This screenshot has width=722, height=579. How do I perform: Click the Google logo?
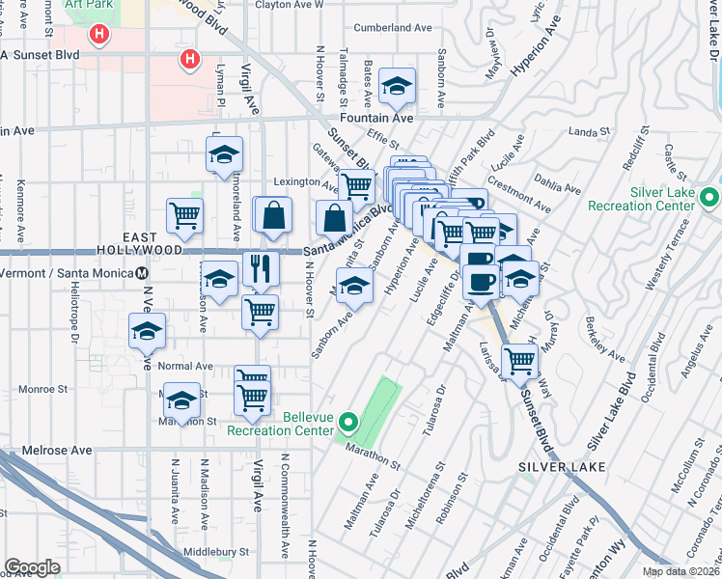click(32, 567)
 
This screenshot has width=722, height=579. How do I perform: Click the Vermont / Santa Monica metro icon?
click(142, 274)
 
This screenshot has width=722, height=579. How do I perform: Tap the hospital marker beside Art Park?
click(98, 37)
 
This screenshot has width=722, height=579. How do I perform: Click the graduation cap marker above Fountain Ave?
click(396, 88)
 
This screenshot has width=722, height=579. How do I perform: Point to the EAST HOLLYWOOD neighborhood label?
click(153, 243)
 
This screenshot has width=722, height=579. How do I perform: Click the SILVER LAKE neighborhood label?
click(562, 467)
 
